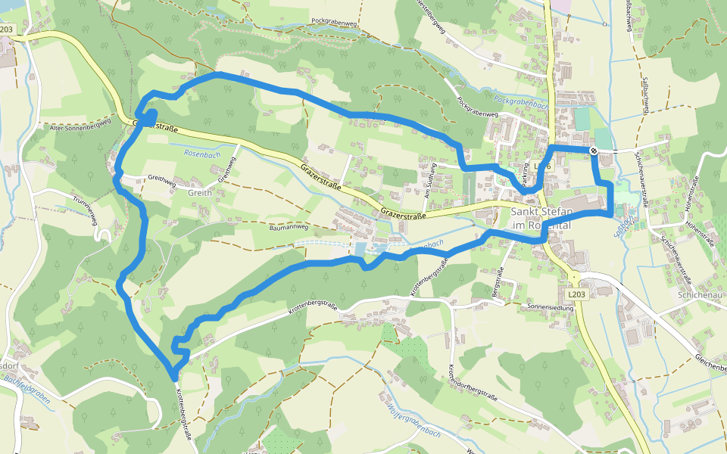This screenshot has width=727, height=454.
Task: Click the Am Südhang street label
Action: [429, 181]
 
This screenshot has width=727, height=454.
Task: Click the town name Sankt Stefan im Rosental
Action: [539, 219]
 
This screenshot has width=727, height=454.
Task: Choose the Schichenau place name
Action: [701, 294]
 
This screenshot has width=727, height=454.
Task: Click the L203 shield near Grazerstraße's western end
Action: [7, 29]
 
